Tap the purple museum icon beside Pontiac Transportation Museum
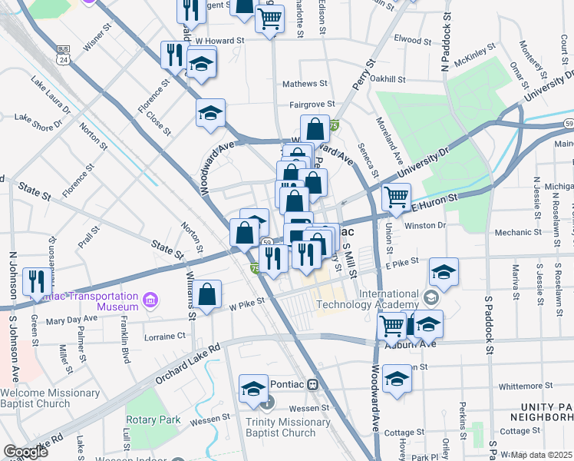click(x=150, y=298)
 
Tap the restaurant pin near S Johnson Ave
click(x=35, y=281)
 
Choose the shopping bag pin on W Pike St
click(x=207, y=294)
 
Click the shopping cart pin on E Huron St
click(x=396, y=196)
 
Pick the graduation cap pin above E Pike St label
click(x=444, y=270)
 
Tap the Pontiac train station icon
click(x=312, y=384)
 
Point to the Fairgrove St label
click(x=312, y=104)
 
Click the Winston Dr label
click(x=424, y=225)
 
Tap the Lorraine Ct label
click(x=165, y=337)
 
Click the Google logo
click(x=25, y=451)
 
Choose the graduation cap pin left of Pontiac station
click(x=253, y=389)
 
